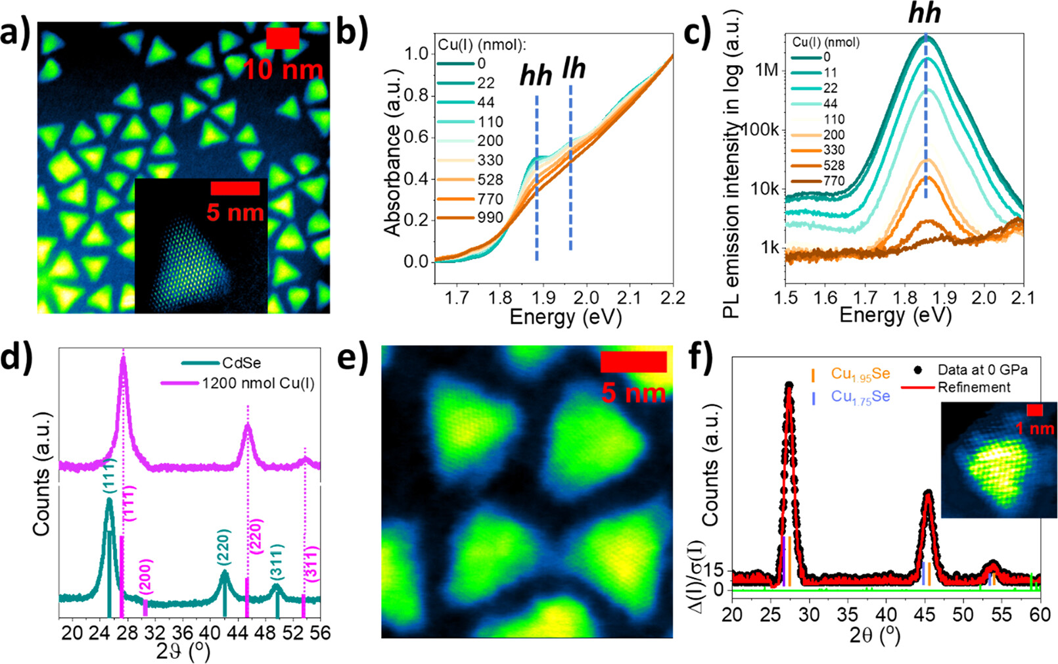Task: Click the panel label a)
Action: [14, 33]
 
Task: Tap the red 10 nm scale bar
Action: [283, 38]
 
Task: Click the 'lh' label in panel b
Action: [574, 68]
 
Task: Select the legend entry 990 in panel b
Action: [490, 218]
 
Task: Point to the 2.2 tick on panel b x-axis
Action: [672, 298]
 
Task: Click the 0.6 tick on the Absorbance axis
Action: [415, 137]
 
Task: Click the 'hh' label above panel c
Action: [925, 14]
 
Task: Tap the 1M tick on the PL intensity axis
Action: [766, 70]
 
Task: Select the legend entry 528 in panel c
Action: [834, 166]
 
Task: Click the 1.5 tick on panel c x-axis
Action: [786, 298]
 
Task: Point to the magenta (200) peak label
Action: [146, 577]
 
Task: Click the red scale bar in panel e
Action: [633, 362]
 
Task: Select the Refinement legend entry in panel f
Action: [974, 387]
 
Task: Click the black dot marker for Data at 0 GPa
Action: [918, 370]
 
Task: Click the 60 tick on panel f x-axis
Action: [1040, 615]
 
